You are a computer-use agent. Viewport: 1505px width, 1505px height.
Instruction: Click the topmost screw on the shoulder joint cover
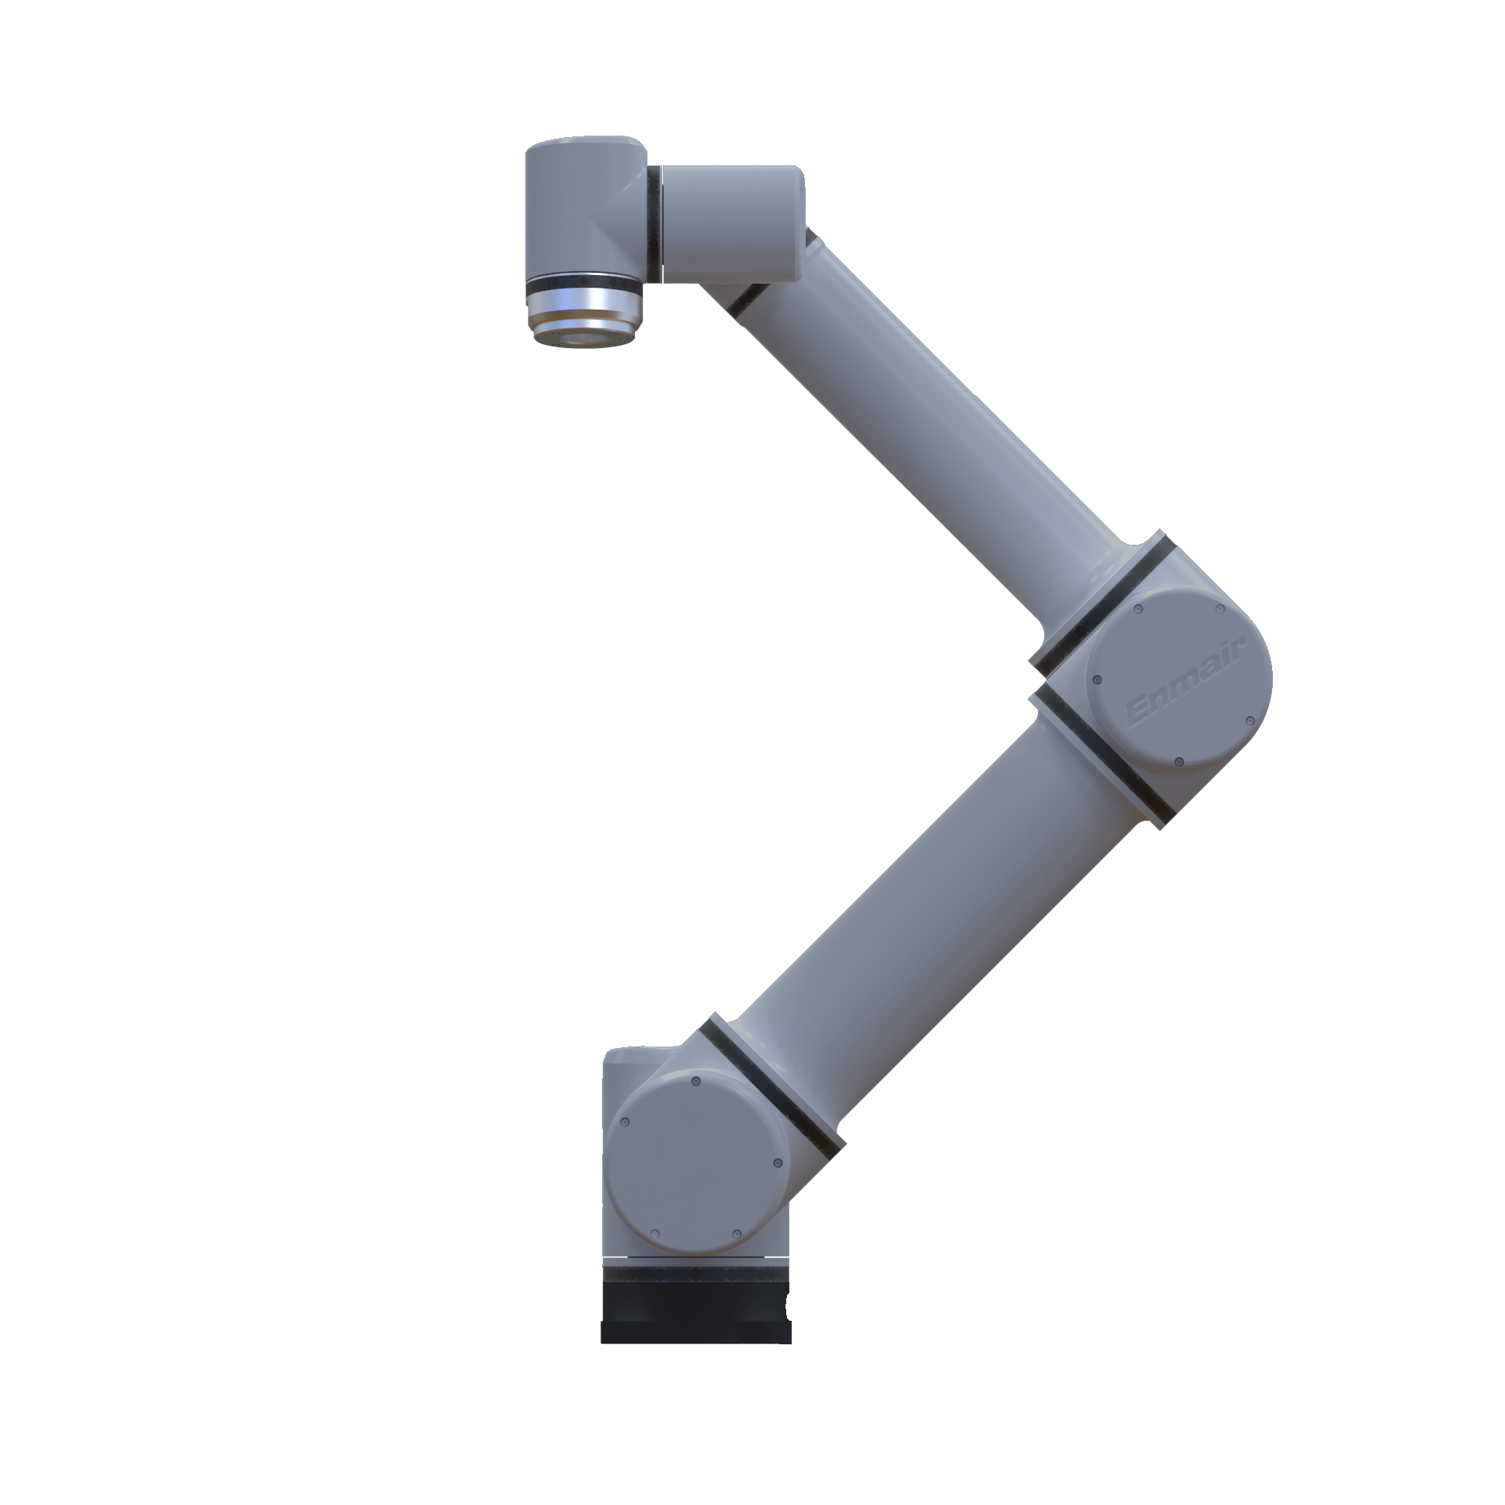tap(695, 1083)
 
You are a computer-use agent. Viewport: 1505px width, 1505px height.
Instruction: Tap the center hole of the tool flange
tap(583, 339)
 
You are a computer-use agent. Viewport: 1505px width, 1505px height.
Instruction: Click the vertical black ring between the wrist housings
tap(655, 223)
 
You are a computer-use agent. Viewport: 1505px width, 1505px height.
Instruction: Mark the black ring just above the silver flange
tap(584, 281)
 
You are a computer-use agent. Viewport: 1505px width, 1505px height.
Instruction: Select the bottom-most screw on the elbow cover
tap(1178, 761)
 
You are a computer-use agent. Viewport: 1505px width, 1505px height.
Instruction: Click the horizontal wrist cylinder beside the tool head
tap(729, 223)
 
